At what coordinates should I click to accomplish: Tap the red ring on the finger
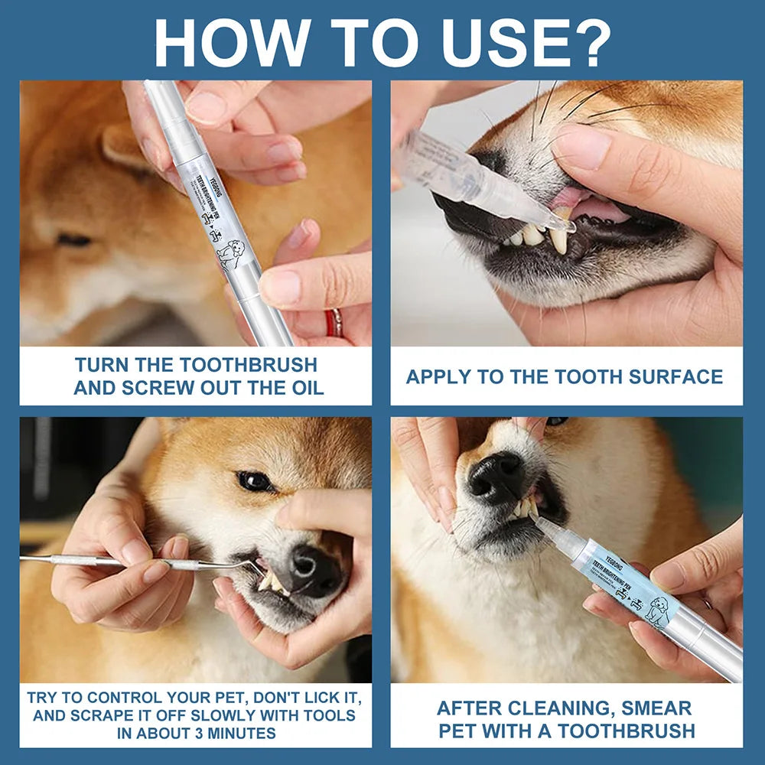(x=334, y=322)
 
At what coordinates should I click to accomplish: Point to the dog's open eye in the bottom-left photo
(x=254, y=480)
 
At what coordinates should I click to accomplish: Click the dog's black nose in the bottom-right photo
(x=496, y=476)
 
